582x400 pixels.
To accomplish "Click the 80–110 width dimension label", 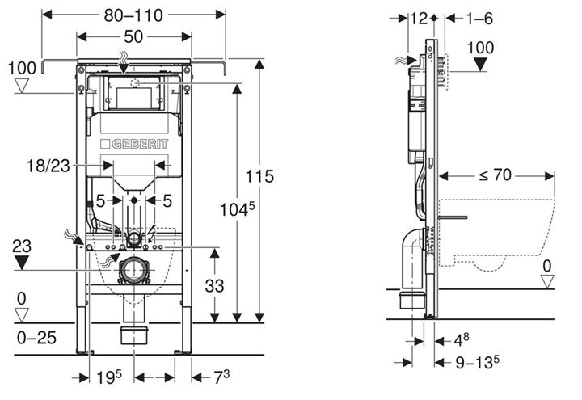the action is coord(133,15).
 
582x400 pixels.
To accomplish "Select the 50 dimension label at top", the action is coord(133,36).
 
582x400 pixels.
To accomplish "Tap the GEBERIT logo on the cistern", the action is coord(134,144).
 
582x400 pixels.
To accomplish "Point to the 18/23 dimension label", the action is coord(48,166).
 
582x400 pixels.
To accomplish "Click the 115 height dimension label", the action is coord(259,176).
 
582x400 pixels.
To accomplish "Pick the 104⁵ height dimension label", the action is coord(238,209).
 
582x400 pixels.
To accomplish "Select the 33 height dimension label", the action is coord(214,286).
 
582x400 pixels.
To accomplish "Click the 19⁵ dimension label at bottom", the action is coord(109,377).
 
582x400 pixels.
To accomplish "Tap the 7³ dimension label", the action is coord(221,377).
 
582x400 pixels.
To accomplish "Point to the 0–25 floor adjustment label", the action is coord(36,338).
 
